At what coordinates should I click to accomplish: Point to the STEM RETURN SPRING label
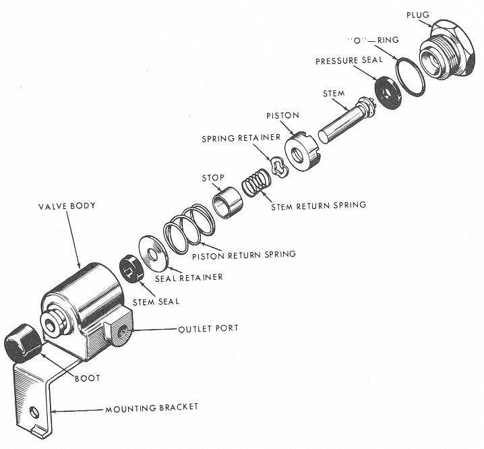318,205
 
